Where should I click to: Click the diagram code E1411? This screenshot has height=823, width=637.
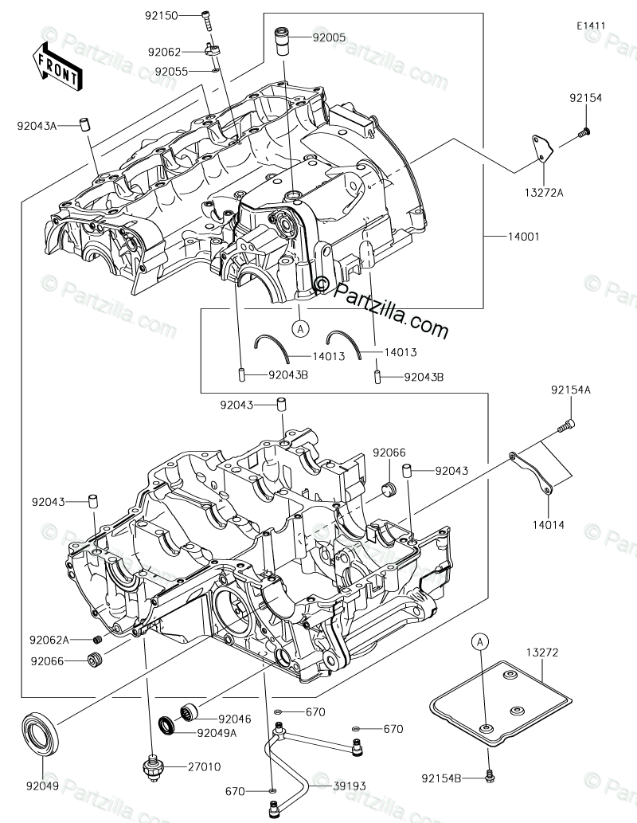pyautogui.click(x=592, y=25)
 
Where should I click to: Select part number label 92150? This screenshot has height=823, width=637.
pyautogui.click(x=162, y=16)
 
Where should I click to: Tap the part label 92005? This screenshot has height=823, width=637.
pyautogui.click(x=329, y=37)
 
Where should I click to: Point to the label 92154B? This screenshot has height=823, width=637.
pyautogui.click(x=444, y=775)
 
